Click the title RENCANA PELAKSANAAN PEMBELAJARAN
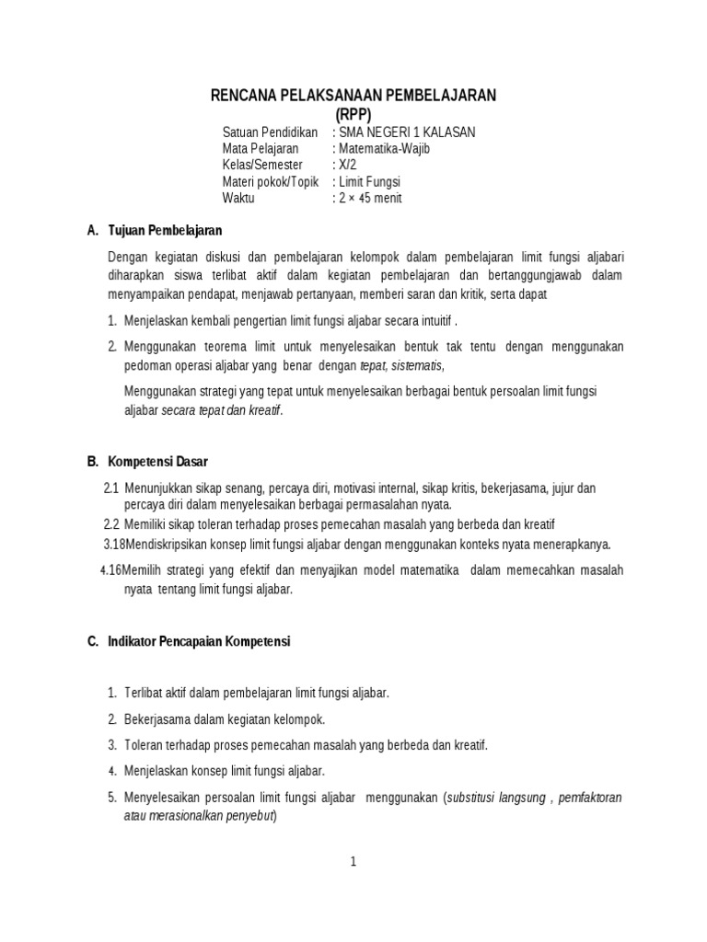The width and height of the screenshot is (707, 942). [x=353, y=95]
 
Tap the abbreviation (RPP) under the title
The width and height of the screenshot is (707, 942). [x=353, y=113]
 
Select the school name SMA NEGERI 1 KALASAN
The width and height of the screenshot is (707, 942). [x=406, y=132]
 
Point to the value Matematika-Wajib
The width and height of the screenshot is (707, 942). [x=381, y=148]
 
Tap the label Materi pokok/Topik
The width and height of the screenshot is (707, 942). [x=271, y=181]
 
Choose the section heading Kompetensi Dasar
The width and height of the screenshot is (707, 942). [x=164, y=461]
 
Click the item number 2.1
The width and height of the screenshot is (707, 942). [x=111, y=488]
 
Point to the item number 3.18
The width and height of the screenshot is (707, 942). [x=113, y=544]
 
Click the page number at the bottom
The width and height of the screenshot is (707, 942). [x=353, y=862]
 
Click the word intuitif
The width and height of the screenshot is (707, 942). [x=433, y=321]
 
